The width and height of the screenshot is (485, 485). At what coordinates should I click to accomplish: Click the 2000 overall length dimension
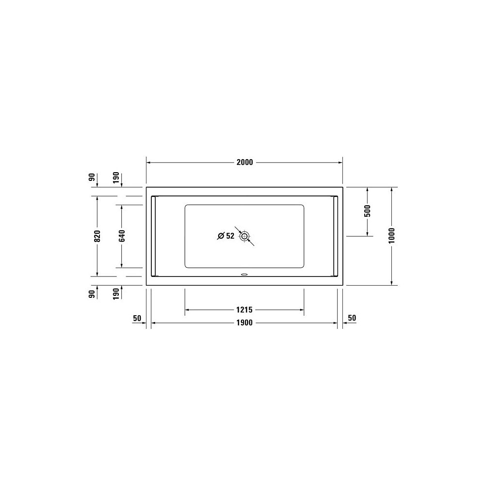point(244,162)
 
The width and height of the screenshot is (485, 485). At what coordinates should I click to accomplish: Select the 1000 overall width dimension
point(391,235)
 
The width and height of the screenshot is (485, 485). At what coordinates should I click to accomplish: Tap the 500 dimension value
point(367,211)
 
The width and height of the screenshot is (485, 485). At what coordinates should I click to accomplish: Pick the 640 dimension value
point(122,236)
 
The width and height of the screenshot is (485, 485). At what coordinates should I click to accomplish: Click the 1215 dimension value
point(244,309)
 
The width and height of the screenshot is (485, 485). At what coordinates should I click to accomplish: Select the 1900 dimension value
point(244,323)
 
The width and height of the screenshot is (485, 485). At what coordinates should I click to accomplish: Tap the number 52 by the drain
point(230,236)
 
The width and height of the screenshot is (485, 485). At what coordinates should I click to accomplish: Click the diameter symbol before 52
point(221,236)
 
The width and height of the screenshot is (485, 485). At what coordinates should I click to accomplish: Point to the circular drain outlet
point(244,236)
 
